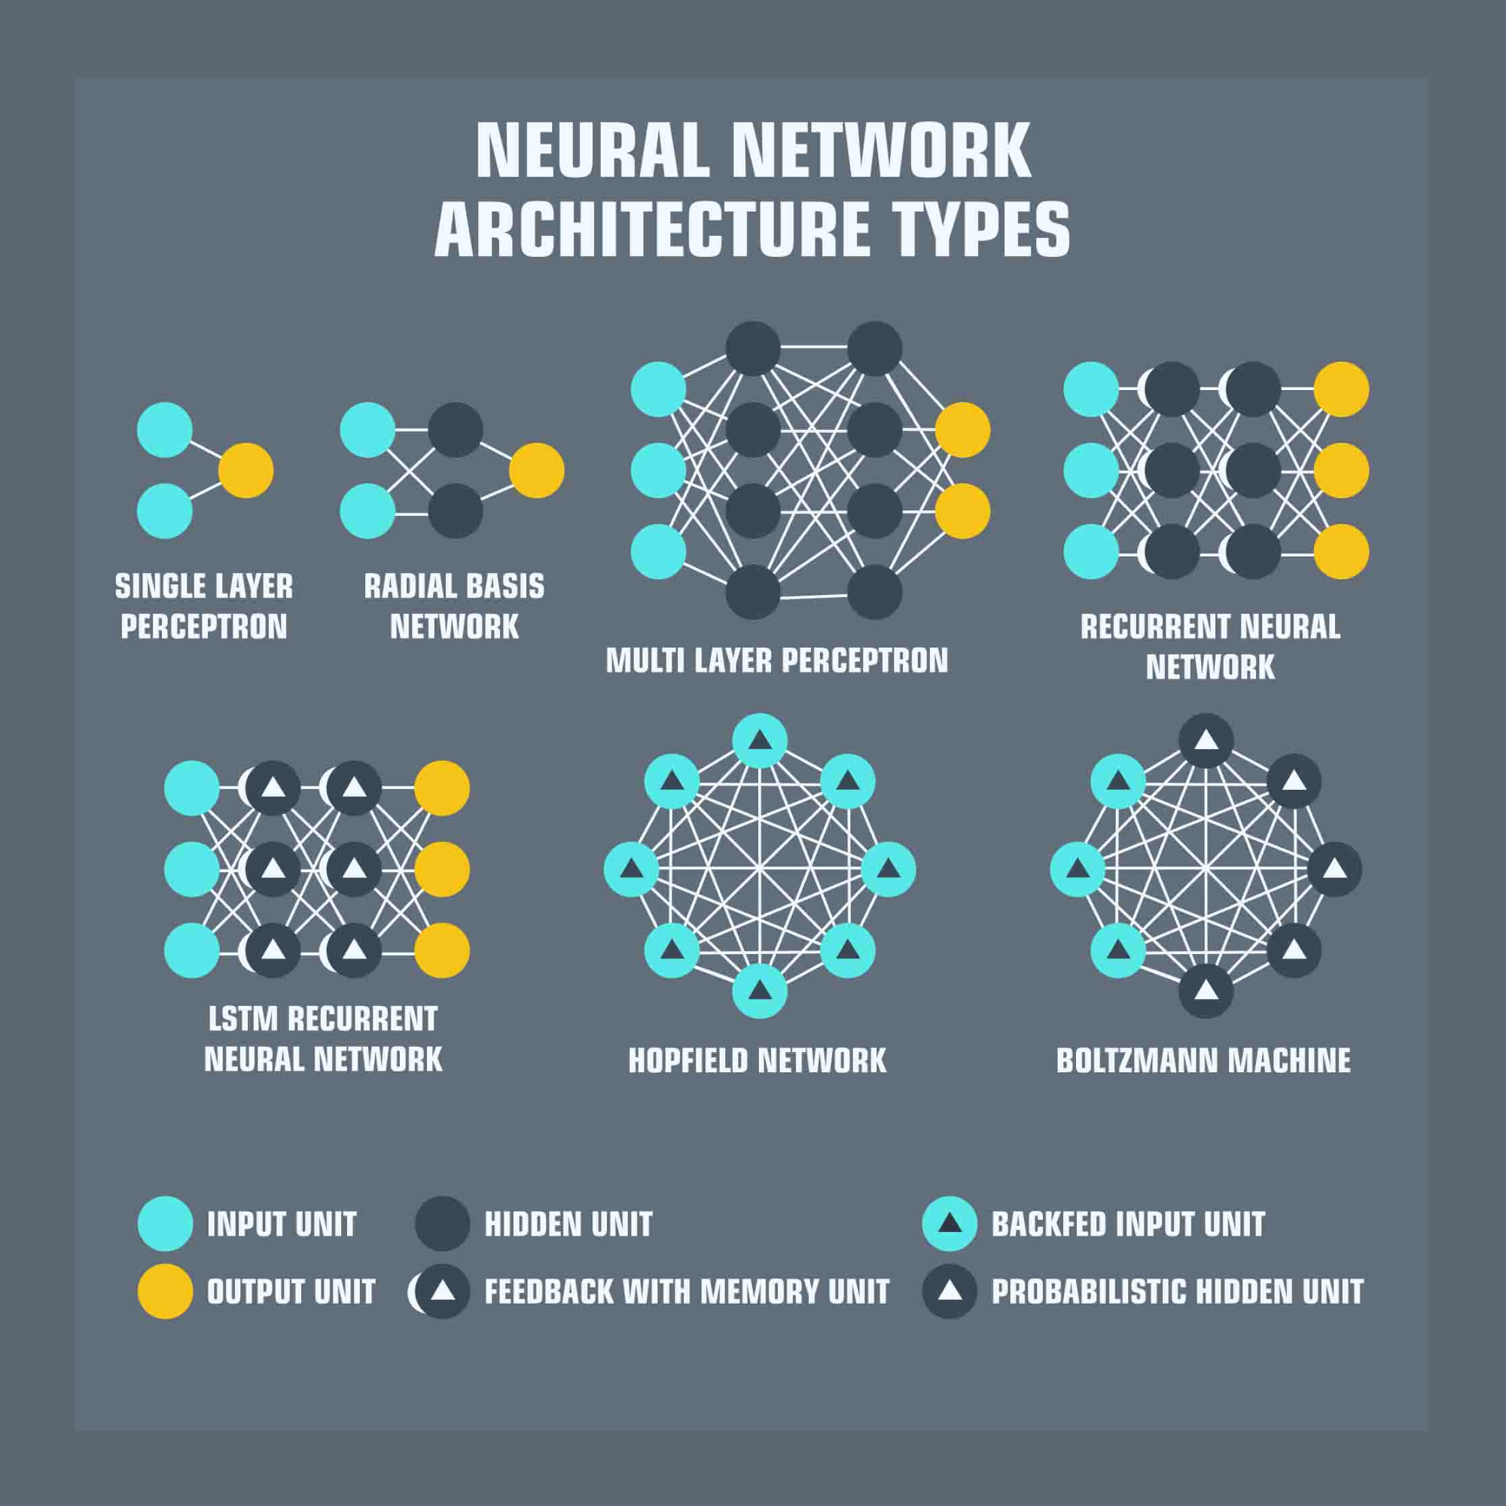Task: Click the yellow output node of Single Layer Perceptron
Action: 245,471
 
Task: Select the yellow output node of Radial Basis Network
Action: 536,471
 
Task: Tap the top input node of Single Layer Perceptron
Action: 164,429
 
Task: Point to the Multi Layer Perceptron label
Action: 777,661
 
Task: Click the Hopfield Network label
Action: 758,1060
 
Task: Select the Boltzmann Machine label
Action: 1203,1060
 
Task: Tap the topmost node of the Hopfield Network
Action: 759,740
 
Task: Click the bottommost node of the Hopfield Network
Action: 759,991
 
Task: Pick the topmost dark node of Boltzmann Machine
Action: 1206,740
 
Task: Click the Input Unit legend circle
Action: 165,1224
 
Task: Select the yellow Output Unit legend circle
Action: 165,1291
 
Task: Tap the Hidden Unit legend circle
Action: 442,1224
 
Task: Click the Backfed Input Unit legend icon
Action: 950,1224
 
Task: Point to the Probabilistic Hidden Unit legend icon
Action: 950,1291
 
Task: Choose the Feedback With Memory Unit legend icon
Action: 441,1291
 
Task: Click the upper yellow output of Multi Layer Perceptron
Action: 962,429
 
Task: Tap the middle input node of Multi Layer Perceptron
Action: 658,471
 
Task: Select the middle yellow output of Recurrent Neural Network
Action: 1342,471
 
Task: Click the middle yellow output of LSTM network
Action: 442,869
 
